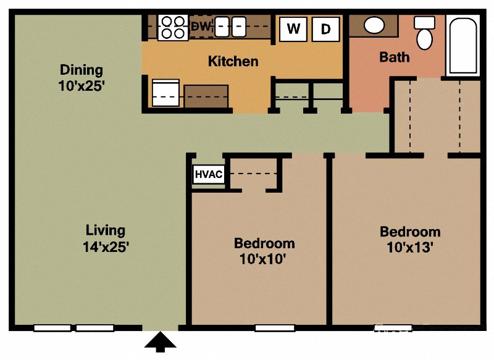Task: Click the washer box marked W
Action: click(x=293, y=28)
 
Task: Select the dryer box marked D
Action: click(x=325, y=28)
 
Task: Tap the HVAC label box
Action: click(x=209, y=174)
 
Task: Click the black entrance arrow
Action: click(x=161, y=341)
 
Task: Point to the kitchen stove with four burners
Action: click(x=173, y=27)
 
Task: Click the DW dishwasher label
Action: click(x=201, y=27)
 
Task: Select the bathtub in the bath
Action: click(x=463, y=46)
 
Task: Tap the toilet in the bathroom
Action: click(x=424, y=34)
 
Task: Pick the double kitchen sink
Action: click(x=230, y=27)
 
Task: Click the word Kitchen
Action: click(x=233, y=61)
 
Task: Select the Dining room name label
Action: click(x=81, y=70)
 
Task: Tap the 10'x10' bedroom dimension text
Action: click(x=264, y=259)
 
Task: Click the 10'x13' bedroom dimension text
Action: click(x=410, y=248)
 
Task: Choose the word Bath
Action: click(x=394, y=57)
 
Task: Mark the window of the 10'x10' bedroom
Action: click(x=274, y=328)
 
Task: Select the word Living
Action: click(x=106, y=230)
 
